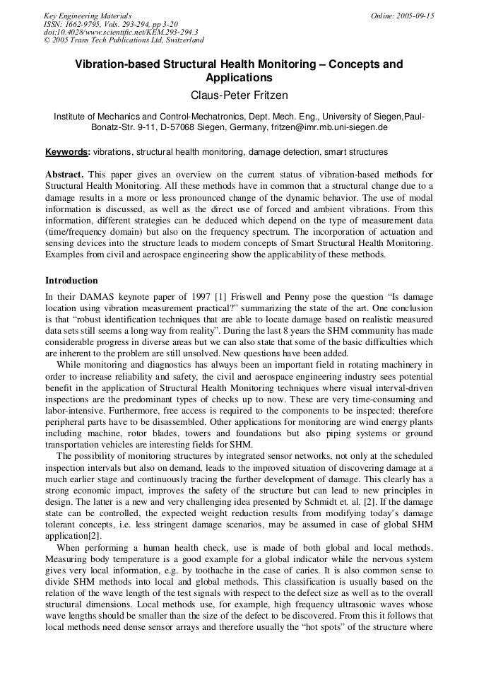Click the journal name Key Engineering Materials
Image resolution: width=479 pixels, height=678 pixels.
[88, 16]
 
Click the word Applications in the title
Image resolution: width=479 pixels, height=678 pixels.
[239, 78]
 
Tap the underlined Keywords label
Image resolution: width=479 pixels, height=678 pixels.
[67, 152]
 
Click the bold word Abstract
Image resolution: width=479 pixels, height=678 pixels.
[64, 175]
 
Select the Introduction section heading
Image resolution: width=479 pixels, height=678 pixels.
[71, 281]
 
